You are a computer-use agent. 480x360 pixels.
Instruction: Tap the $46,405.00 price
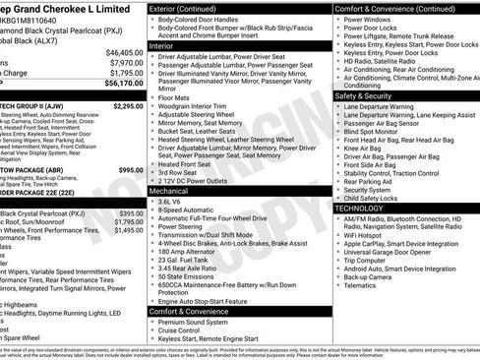(x=124, y=52)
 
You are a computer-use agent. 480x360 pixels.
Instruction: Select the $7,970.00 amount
(x=126, y=62)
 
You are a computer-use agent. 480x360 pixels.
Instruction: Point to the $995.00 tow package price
(x=130, y=170)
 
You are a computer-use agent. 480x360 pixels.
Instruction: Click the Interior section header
(x=161, y=45)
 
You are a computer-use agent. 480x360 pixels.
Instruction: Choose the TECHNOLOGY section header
(x=366, y=209)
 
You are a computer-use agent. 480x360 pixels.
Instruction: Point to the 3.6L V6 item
(x=172, y=202)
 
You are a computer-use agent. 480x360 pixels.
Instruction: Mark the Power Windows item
(x=369, y=19)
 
